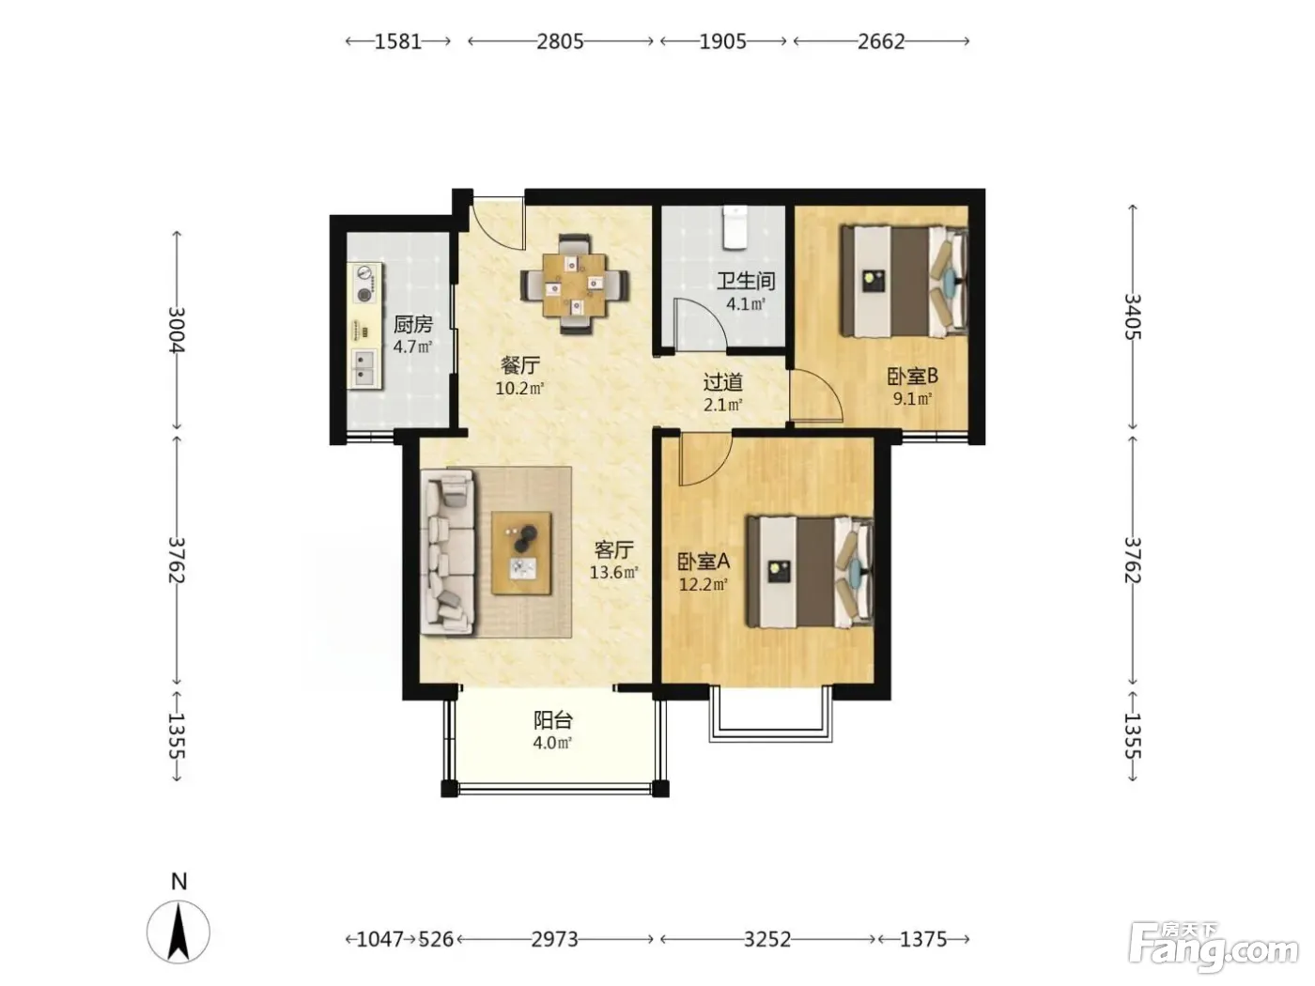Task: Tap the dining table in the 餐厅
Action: coord(575,285)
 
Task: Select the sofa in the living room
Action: coord(447,551)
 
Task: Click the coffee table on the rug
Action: coord(521,553)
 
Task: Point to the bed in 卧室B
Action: coord(904,282)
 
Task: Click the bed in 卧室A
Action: coord(810,572)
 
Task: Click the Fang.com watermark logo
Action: coord(1213,948)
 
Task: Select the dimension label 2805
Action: coord(560,41)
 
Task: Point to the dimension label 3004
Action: coord(177,330)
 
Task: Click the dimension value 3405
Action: coord(1132,316)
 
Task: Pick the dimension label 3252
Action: coord(766,939)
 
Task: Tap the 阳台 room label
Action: coord(553,720)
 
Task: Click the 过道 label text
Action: coord(722,382)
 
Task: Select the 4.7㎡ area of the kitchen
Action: coord(412,347)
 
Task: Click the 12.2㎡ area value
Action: coord(703,584)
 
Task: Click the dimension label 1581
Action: coord(398,41)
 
